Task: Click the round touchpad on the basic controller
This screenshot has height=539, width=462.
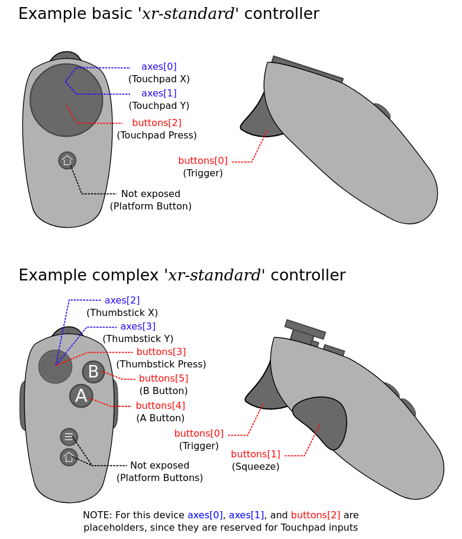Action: click(x=66, y=100)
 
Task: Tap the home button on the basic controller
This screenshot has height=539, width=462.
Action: click(x=67, y=160)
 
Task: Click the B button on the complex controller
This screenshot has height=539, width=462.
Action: click(x=93, y=372)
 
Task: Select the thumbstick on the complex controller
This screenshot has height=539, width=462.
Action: click(x=55, y=366)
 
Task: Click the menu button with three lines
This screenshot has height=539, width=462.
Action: click(x=69, y=437)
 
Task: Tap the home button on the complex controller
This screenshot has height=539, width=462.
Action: click(x=69, y=457)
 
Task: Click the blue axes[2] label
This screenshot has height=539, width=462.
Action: click(x=122, y=301)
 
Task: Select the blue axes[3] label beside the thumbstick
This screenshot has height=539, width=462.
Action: click(x=138, y=327)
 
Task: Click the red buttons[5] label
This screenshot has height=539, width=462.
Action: click(x=163, y=378)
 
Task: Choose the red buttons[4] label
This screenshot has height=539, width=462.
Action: click(x=160, y=406)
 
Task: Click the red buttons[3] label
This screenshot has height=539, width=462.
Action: click(x=161, y=352)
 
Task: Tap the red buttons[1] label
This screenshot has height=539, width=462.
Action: click(x=256, y=454)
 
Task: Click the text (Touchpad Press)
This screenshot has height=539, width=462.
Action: click(x=157, y=135)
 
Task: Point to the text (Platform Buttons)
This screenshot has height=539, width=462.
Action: click(x=160, y=478)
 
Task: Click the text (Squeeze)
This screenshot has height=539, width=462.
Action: click(x=256, y=467)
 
